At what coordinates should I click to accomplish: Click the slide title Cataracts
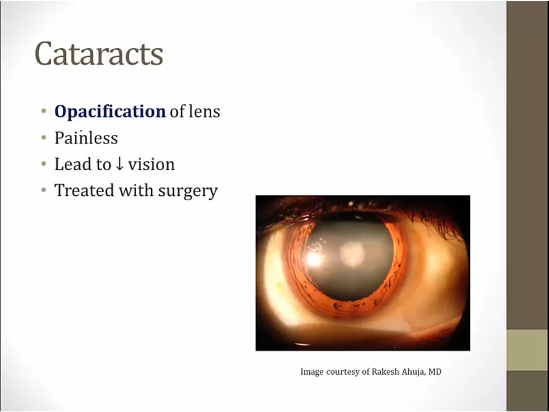99,54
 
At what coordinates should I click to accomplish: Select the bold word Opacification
110,112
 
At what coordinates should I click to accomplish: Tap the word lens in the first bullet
204,112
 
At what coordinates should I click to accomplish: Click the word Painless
86,138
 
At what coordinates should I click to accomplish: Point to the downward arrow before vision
120,164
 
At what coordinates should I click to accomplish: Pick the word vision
151,164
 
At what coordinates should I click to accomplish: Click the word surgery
188,191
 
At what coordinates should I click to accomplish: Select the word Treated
84,190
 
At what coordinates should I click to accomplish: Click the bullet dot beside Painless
44,138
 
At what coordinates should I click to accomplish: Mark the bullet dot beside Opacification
44,112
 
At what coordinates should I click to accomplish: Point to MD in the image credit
435,371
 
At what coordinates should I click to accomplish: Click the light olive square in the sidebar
528,350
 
